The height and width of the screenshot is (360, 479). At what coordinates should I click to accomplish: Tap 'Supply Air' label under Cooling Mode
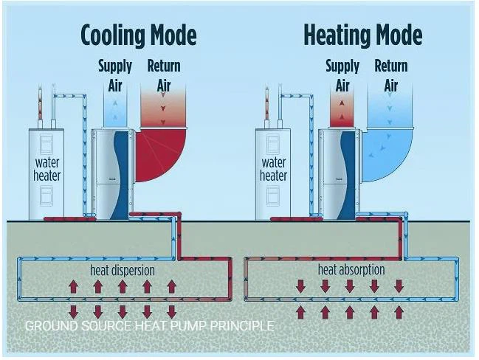pos(114,75)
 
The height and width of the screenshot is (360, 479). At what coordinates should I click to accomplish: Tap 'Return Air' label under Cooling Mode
pos(163,75)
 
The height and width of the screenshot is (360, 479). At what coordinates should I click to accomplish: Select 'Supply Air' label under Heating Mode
pos(342,75)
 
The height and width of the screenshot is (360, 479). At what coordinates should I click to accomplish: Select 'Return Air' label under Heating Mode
pos(390,75)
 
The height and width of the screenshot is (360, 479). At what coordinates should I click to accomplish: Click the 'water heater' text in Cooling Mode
pos(47,169)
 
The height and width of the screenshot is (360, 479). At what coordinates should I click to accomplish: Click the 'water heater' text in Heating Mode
pos(273,169)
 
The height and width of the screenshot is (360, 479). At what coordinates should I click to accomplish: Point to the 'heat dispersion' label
pos(121,270)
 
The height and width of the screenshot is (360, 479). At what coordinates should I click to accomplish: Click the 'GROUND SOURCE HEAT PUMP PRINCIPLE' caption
pos(149,326)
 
